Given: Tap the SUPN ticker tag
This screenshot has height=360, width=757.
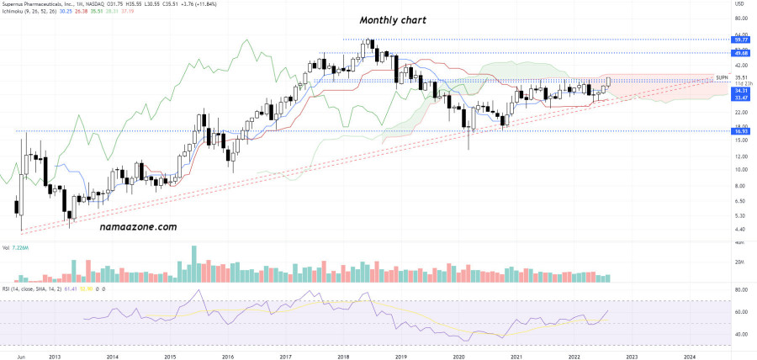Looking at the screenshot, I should [x=721, y=77].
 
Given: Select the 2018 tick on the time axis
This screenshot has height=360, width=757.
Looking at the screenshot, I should [x=343, y=357].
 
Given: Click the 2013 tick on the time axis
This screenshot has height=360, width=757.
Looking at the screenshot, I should [x=55, y=357].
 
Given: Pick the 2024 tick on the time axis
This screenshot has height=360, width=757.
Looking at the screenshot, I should [x=690, y=357].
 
